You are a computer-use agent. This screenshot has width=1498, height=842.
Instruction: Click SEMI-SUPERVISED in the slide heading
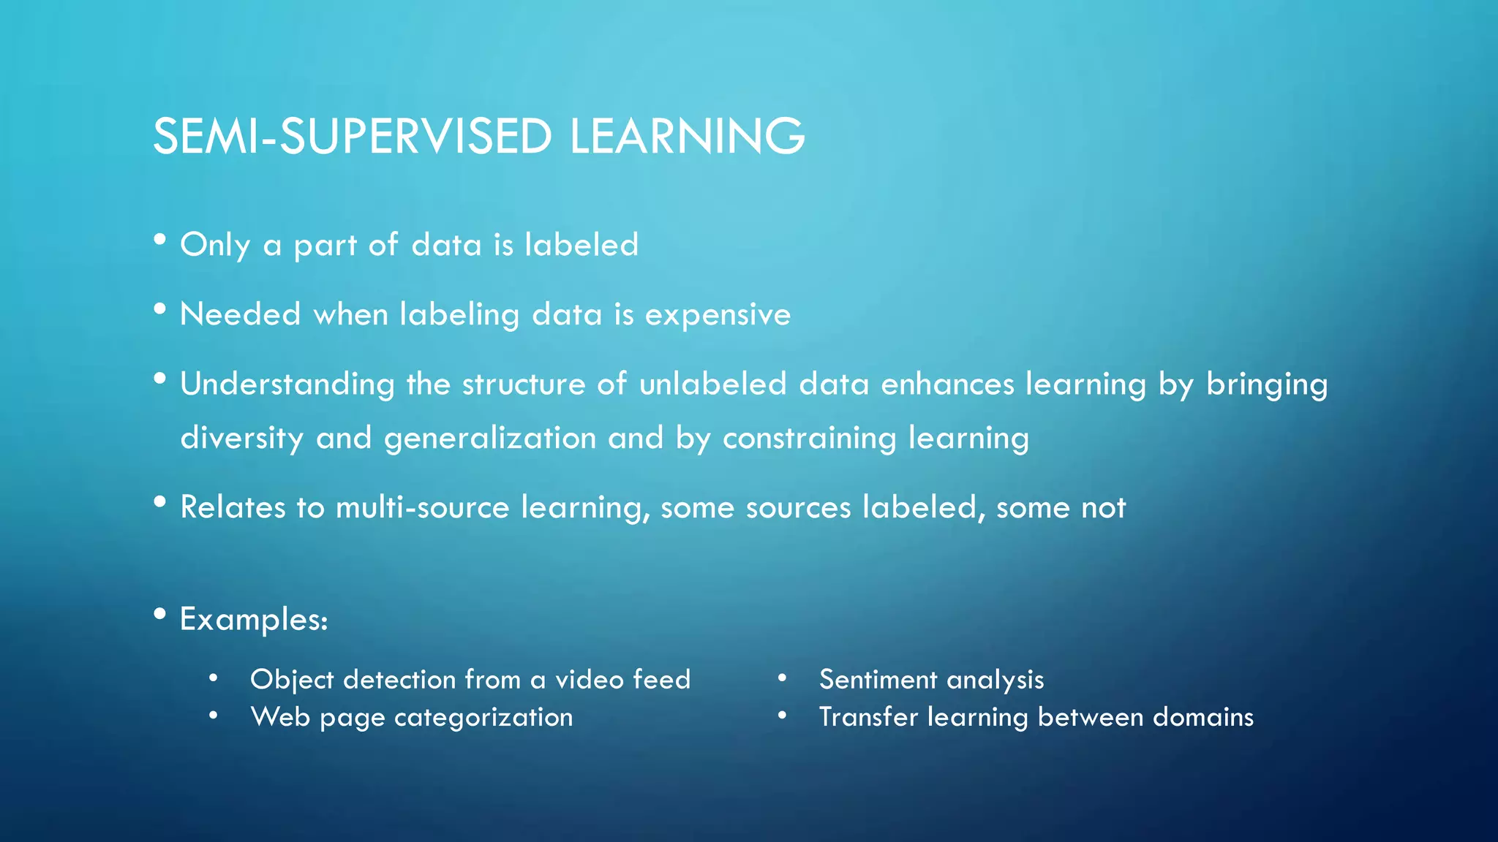(x=352, y=137)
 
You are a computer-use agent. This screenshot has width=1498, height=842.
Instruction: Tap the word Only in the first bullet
(x=215, y=245)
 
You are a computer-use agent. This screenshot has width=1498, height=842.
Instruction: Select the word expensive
(x=718, y=315)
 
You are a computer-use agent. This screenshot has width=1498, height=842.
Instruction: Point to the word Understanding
(x=287, y=384)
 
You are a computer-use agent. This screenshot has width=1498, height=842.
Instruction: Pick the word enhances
(x=947, y=384)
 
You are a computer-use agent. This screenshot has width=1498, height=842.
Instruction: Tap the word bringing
(x=1266, y=384)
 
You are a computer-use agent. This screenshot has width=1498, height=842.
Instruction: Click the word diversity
(x=241, y=439)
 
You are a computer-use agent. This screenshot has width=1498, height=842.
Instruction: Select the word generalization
(x=490, y=439)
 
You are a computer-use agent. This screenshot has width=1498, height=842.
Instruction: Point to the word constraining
(x=809, y=439)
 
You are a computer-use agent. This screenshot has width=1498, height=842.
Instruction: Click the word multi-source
(x=422, y=507)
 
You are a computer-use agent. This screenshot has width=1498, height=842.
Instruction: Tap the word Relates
(x=233, y=507)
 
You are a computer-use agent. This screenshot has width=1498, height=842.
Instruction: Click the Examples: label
(x=254, y=619)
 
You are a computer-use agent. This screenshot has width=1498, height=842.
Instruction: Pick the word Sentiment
(x=878, y=680)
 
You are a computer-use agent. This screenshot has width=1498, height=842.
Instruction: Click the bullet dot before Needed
(x=160, y=309)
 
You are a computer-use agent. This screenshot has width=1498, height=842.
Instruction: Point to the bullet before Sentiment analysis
(x=782, y=678)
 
